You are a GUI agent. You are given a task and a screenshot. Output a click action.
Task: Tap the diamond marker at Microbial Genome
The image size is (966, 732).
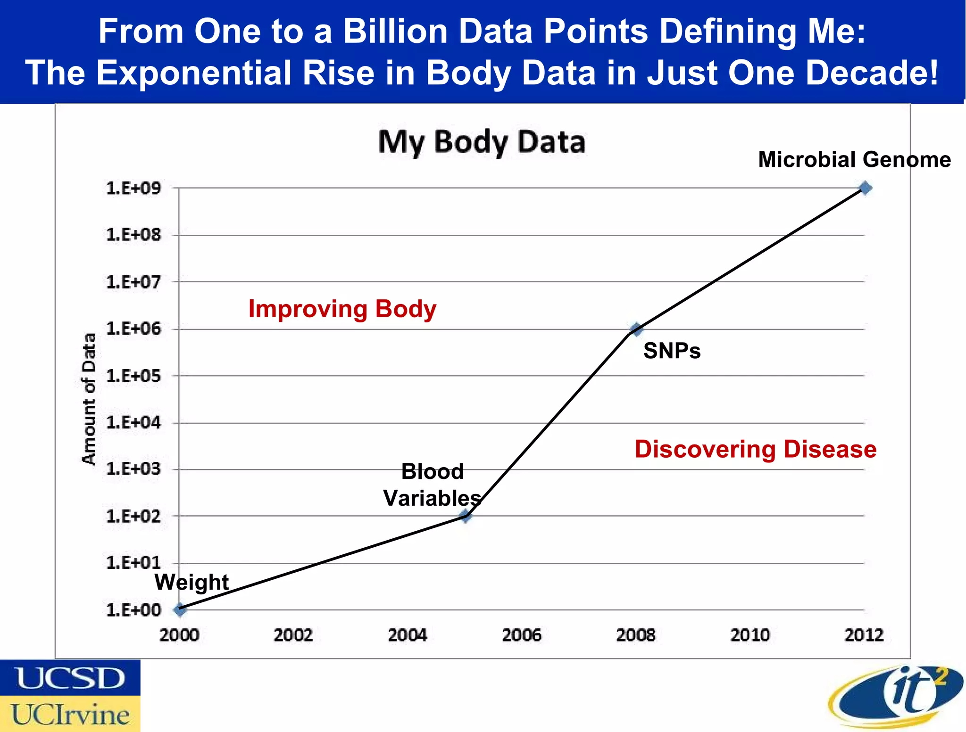(865, 188)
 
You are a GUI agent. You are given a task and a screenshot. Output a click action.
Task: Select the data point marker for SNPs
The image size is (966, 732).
(636, 329)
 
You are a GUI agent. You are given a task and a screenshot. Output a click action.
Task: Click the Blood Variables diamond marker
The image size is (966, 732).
(466, 516)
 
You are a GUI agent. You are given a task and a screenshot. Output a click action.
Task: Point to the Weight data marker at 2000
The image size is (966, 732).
(180, 609)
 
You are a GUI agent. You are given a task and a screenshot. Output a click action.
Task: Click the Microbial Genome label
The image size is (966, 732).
(854, 159)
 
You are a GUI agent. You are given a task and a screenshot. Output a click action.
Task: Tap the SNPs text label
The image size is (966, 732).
(672, 351)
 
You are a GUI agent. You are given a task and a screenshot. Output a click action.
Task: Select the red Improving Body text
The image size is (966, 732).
(342, 309)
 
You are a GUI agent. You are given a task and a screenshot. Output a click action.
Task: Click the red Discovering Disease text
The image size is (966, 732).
(755, 449)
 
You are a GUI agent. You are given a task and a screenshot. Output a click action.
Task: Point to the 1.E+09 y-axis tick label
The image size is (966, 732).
(133, 188)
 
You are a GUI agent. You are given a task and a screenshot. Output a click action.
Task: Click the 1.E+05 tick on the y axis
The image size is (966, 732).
(133, 376)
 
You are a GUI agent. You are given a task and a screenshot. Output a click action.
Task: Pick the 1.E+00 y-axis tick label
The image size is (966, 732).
(133, 610)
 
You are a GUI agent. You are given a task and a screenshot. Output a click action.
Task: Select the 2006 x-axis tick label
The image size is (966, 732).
(522, 635)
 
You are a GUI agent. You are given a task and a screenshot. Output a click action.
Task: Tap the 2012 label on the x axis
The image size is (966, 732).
(864, 635)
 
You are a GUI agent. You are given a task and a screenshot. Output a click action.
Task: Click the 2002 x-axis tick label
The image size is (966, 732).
(293, 635)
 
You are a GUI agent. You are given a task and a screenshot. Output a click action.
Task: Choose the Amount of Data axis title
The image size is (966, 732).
(89, 399)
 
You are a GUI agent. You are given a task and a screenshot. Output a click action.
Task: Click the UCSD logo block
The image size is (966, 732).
(70, 678)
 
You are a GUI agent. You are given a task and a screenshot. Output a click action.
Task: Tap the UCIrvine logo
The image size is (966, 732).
(70, 714)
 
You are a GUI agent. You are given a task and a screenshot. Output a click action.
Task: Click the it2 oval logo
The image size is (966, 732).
(895, 697)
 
